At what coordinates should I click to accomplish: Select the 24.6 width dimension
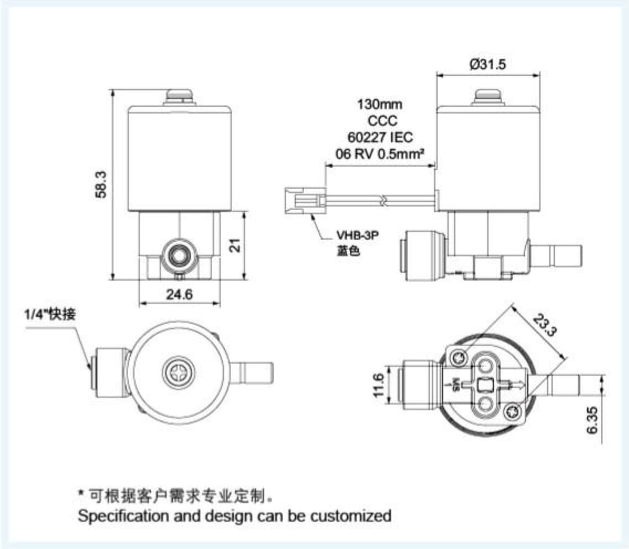[179, 294]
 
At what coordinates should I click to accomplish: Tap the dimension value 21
[236, 246]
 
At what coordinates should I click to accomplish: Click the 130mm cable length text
[380, 104]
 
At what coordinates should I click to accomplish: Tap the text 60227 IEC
[380, 137]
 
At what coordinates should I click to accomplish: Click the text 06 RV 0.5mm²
[380, 153]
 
